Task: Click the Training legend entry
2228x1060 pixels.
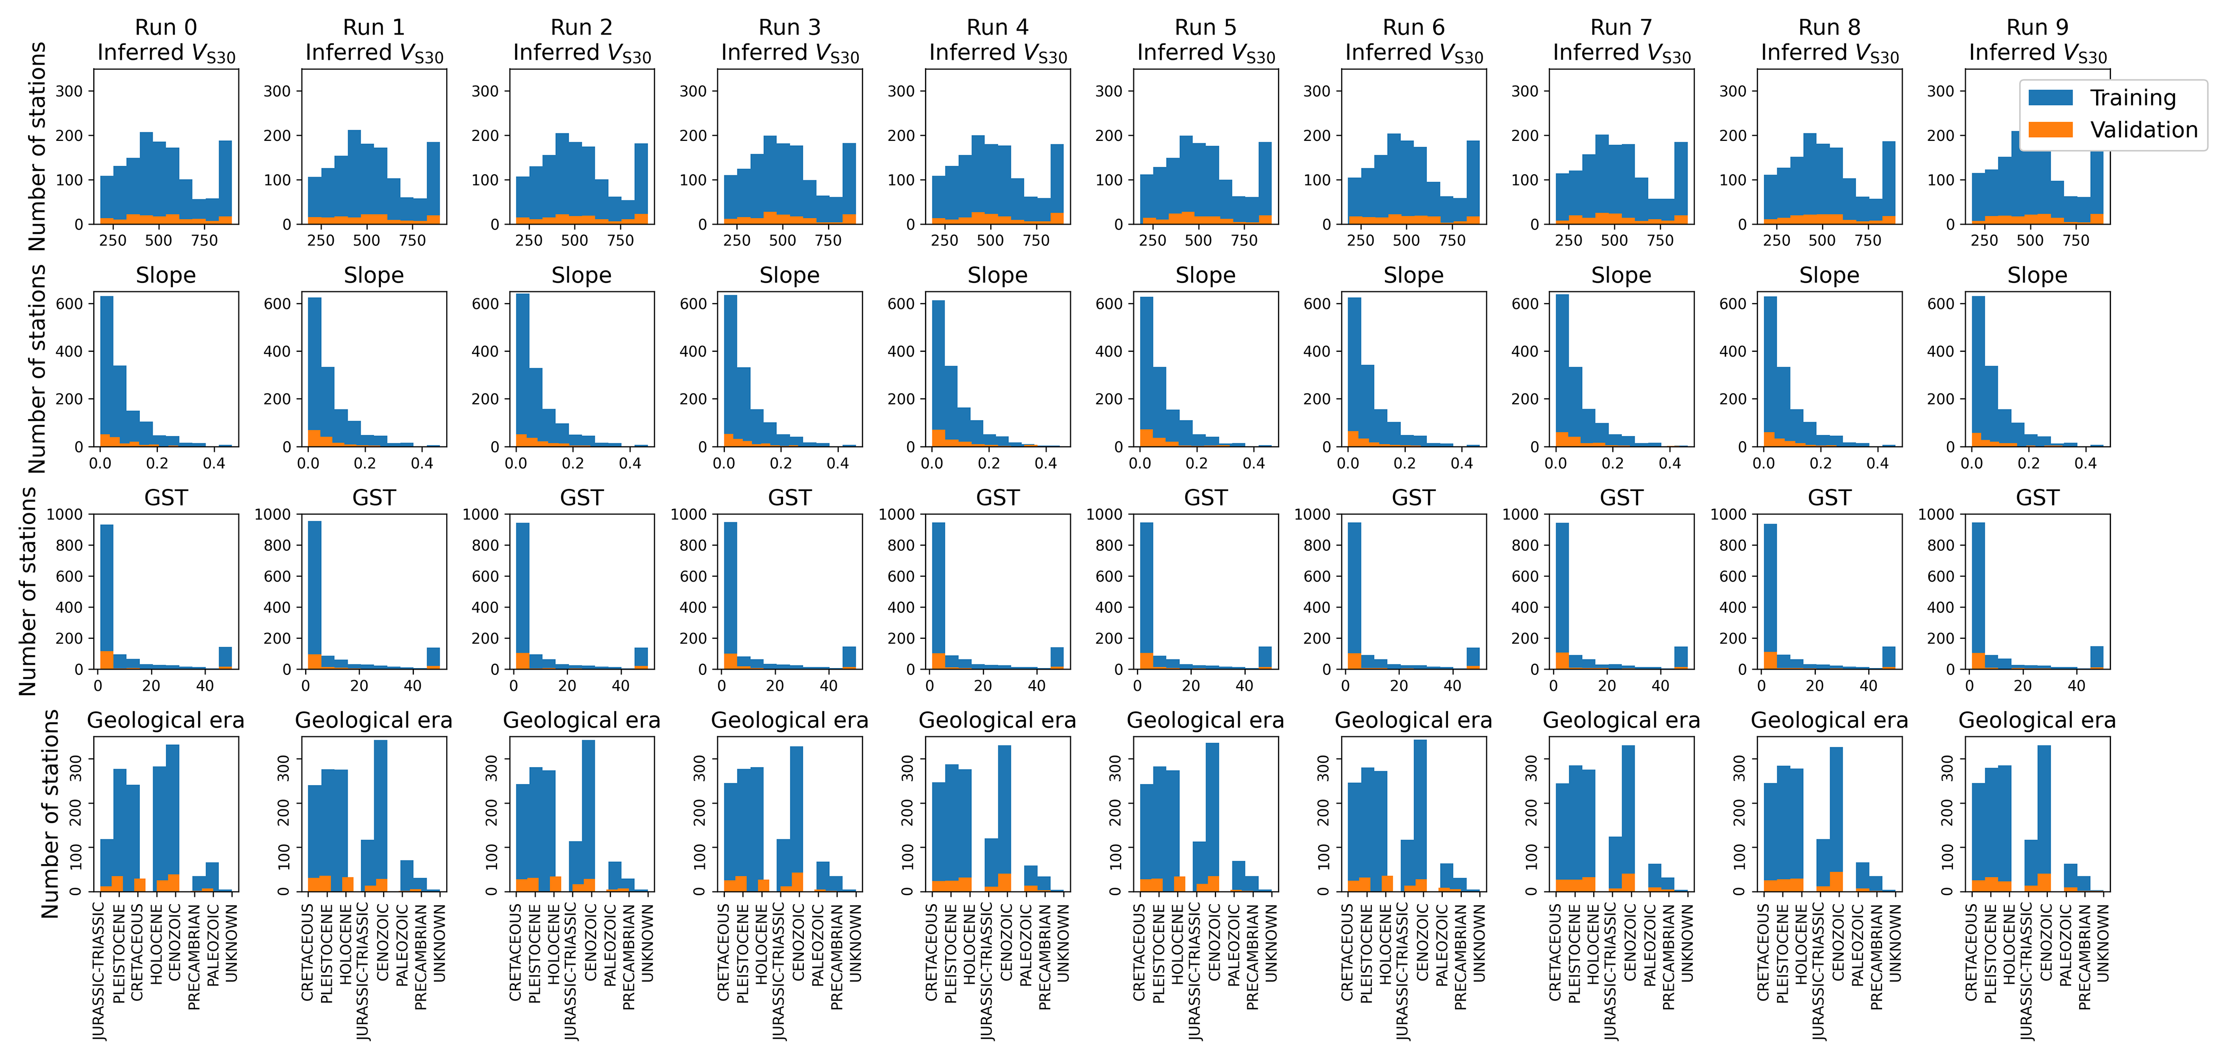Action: (x=2132, y=97)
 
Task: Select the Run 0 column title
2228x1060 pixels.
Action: (x=165, y=28)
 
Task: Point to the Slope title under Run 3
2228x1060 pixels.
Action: (x=789, y=275)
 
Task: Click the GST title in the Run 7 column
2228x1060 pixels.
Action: (x=1621, y=498)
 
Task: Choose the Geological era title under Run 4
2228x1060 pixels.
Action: (x=997, y=720)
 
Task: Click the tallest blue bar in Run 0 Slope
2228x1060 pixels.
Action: (x=106, y=372)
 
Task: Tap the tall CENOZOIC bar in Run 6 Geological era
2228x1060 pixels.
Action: (x=1420, y=813)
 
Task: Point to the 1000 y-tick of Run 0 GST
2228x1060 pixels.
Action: (x=65, y=514)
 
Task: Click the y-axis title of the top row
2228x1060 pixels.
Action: (x=37, y=147)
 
